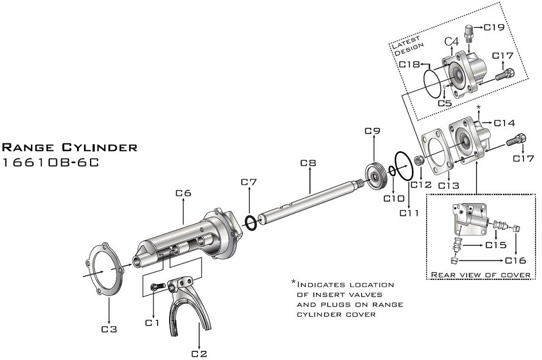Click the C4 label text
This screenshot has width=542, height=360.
452,41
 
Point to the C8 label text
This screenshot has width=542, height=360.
308,162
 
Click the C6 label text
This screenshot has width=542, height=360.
183,192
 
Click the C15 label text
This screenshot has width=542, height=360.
495,245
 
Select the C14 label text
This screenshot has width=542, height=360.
504,123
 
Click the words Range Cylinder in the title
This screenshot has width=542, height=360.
70,147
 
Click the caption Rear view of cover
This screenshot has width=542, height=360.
480,275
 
